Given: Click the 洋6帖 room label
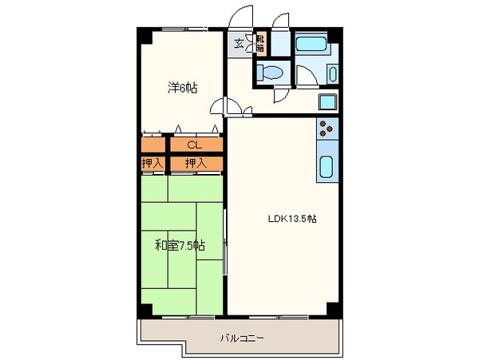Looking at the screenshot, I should (181, 89).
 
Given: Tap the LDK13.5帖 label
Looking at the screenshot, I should (292, 218).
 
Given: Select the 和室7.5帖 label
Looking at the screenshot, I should (180, 245).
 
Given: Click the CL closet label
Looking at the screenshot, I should (194, 145).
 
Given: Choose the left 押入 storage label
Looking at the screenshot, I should (152, 164).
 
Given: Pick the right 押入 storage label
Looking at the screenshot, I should (195, 164).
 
